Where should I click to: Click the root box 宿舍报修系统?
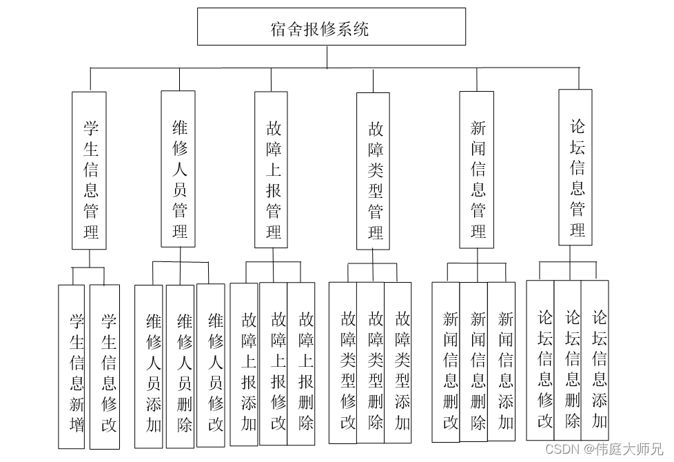(331, 28)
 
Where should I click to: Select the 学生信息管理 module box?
(89, 170)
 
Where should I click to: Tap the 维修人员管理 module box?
(178, 169)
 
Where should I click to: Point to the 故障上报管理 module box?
(271, 169)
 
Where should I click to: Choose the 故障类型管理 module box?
(373, 171)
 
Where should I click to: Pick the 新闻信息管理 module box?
(476, 170)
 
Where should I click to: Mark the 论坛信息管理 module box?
(575, 168)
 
